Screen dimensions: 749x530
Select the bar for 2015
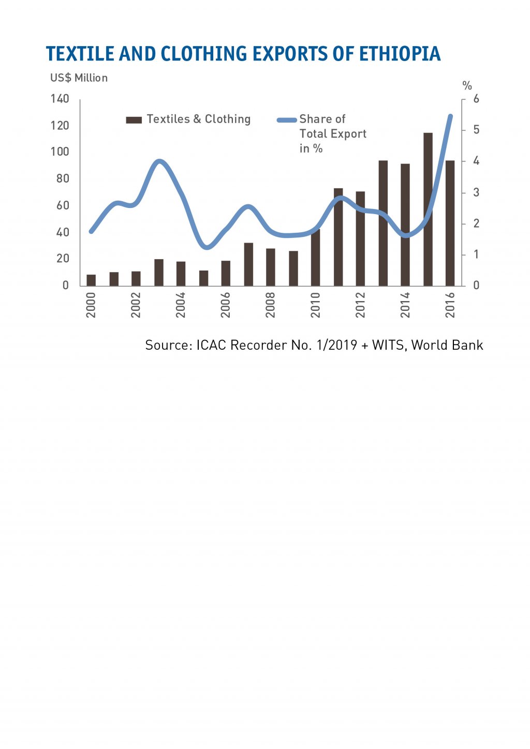(x=428, y=209)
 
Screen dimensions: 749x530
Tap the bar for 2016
(x=450, y=223)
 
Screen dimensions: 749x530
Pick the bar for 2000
(x=91, y=280)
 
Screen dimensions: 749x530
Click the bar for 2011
(x=338, y=237)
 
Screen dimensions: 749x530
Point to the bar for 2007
(x=248, y=264)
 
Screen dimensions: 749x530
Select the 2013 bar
(x=383, y=223)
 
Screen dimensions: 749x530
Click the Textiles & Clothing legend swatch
(x=134, y=120)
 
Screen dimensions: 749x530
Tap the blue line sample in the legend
(x=287, y=120)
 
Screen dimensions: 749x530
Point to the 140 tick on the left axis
(x=60, y=99)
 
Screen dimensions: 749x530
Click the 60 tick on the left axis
(x=63, y=205)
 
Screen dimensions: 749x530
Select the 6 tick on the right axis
(x=476, y=99)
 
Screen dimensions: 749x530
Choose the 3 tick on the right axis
(x=476, y=192)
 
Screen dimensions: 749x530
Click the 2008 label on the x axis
(x=271, y=305)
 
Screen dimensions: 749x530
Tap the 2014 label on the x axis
(x=405, y=305)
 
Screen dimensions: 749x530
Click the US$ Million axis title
(x=79, y=78)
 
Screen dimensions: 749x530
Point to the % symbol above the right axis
(x=467, y=86)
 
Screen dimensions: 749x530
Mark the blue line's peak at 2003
(x=159, y=161)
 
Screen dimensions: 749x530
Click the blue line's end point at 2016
(x=450, y=116)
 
